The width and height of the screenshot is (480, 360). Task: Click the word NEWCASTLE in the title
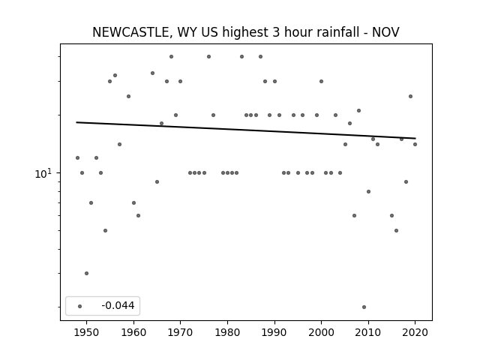pyautogui.click(x=130, y=32)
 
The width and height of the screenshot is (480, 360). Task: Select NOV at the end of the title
pyautogui.click(x=385, y=32)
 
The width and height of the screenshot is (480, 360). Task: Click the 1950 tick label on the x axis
pyautogui.click(x=87, y=332)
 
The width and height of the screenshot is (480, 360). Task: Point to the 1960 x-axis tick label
pyautogui.click(x=133, y=332)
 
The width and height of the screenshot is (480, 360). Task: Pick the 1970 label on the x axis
pyautogui.click(x=181, y=332)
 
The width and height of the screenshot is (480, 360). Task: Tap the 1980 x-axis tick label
pyautogui.click(x=227, y=332)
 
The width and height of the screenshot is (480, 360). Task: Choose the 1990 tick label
pyautogui.click(x=274, y=332)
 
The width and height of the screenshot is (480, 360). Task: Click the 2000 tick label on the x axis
pyautogui.click(x=322, y=332)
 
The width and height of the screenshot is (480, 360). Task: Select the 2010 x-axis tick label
pyautogui.click(x=368, y=332)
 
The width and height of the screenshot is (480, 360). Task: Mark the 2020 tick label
pyautogui.click(x=415, y=332)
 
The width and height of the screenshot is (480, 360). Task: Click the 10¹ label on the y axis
pyautogui.click(x=43, y=173)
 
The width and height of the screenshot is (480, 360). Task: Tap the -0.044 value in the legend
pyautogui.click(x=118, y=305)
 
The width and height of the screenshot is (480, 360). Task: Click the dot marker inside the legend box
pyautogui.click(x=80, y=306)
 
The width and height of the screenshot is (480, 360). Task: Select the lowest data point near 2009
pyautogui.click(x=364, y=307)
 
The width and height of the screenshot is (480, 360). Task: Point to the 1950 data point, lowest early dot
pyautogui.click(x=87, y=273)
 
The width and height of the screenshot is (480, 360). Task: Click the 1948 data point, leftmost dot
pyautogui.click(x=77, y=158)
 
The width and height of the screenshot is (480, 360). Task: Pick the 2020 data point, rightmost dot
pyautogui.click(x=415, y=145)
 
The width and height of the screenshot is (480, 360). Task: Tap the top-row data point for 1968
pyautogui.click(x=172, y=57)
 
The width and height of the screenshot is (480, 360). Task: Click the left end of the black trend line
pyautogui.click(x=76, y=122)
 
